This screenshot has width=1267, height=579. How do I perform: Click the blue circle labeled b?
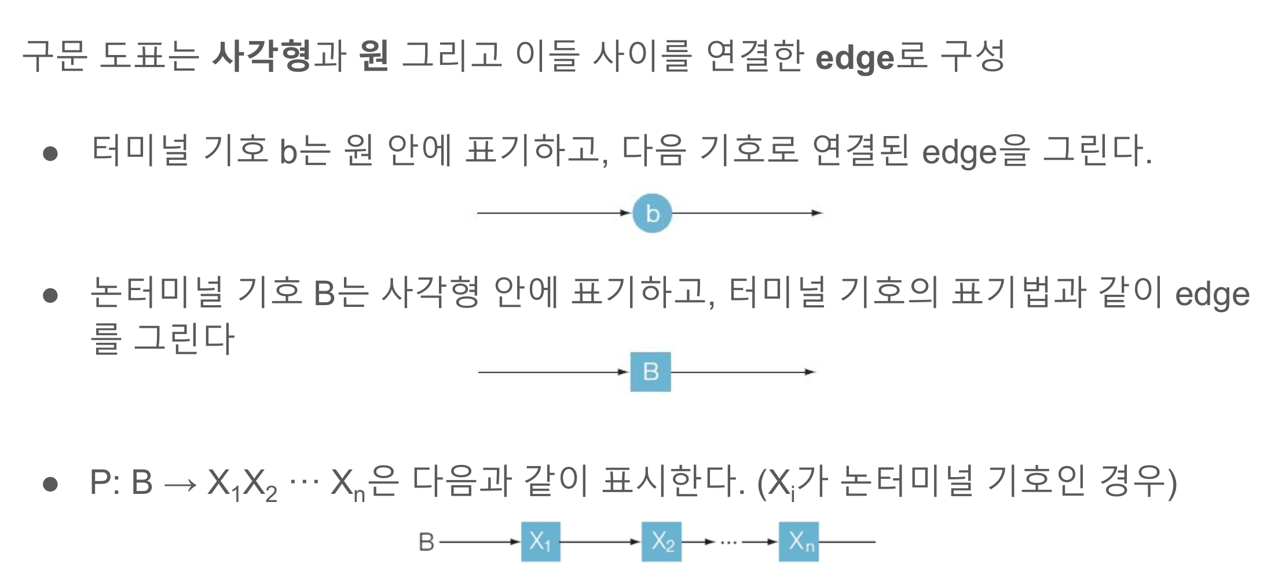652,213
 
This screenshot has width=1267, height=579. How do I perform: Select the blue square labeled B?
650,372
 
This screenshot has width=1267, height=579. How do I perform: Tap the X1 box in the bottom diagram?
540,542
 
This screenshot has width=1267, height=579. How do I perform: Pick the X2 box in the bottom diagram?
661,542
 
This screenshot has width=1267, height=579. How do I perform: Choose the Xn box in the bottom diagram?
799,542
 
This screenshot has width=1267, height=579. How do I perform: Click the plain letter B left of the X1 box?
426,542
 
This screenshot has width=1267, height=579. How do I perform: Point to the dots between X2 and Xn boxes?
728,543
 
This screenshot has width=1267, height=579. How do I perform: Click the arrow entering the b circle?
553,213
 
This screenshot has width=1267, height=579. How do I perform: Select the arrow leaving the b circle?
747,213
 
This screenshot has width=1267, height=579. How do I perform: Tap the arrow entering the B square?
553,372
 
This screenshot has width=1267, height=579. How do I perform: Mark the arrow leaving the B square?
743,372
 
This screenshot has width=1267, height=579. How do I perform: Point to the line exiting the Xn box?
847,542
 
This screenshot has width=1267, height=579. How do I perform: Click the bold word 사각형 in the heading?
262,56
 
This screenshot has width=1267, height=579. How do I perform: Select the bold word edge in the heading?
855,58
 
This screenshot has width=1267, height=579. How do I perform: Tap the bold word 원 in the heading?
373,56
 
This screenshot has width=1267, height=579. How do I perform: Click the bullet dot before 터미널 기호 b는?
50,153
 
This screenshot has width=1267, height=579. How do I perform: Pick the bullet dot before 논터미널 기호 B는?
50,295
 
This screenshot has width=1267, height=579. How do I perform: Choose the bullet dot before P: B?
50,483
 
